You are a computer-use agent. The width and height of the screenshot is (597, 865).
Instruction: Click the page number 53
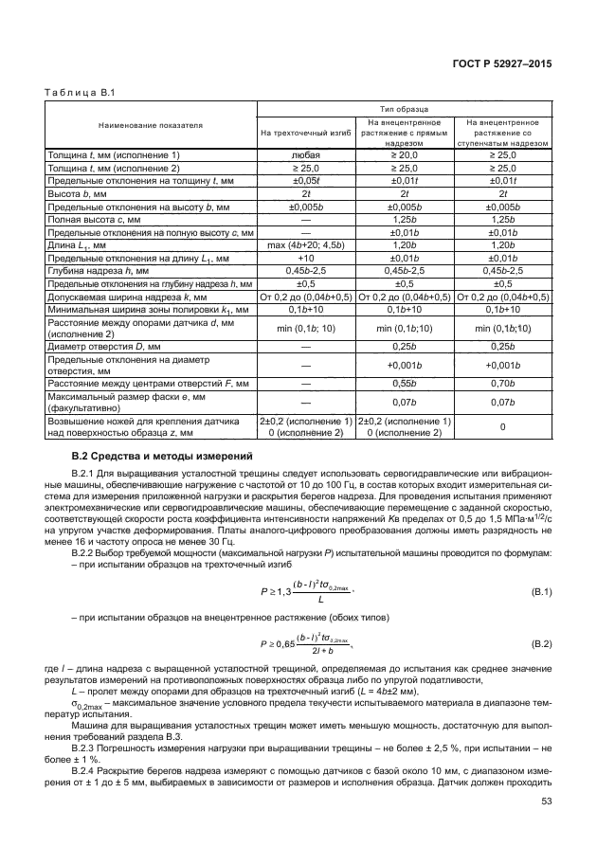(x=546, y=802)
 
